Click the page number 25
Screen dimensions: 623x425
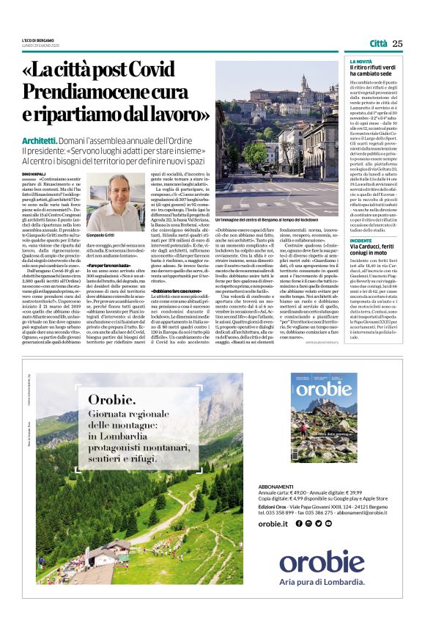[x=397, y=43]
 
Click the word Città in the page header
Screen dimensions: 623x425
[x=378, y=43]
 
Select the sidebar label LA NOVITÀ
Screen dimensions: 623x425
[x=360, y=62]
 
